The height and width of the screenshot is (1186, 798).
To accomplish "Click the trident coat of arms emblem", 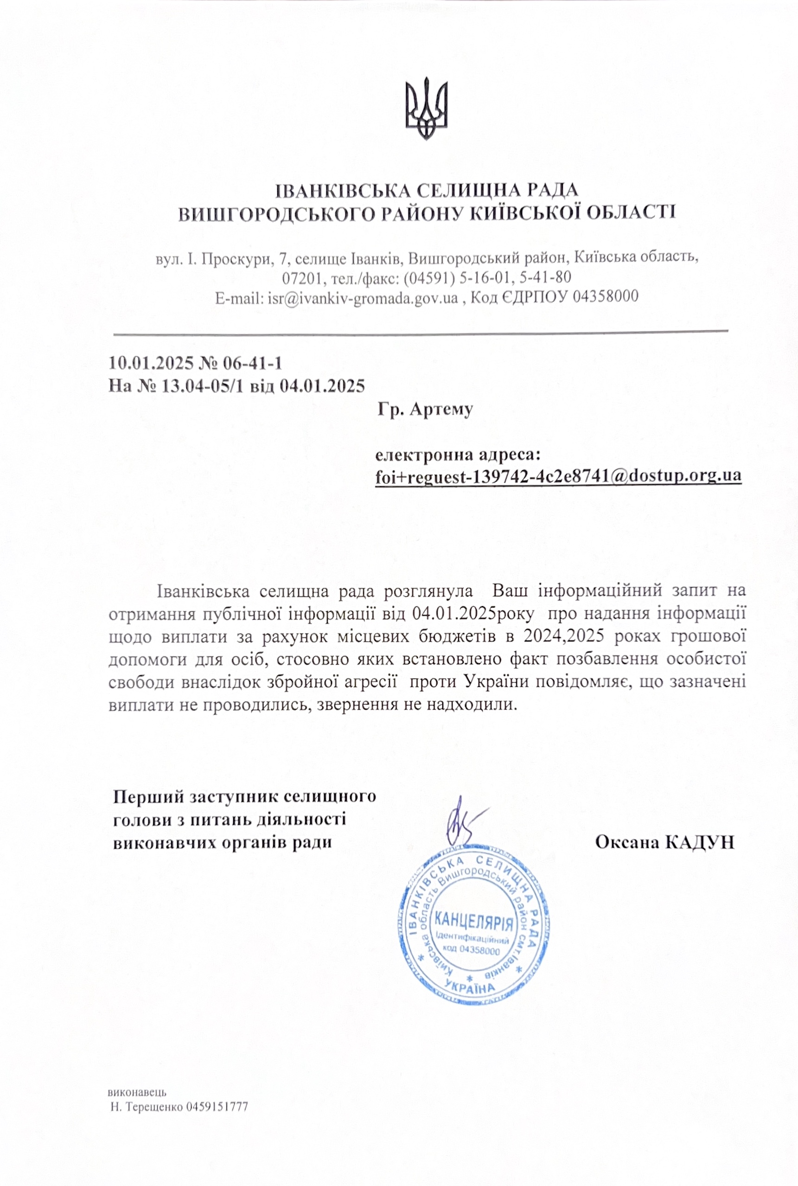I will [426, 108].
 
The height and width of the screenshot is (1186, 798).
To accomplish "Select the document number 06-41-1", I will [252, 364].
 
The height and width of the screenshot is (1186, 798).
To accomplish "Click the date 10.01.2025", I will [151, 364].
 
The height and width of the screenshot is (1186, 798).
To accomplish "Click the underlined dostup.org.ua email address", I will [558, 476].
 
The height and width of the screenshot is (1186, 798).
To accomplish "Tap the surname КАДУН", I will [699, 842].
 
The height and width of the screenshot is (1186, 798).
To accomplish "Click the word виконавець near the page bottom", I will [137, 1093].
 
